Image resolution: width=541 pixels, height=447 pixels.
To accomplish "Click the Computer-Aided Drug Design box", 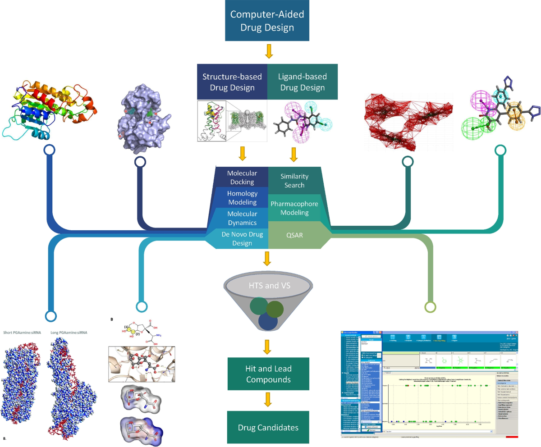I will point(267,21).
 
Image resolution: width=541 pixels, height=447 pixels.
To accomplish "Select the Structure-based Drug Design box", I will point(232,82).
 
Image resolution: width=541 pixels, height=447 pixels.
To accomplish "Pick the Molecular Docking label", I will point(242,178).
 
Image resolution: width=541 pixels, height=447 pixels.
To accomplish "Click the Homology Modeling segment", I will point(242,198).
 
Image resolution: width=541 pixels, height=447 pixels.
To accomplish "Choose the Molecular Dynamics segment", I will point(242,218).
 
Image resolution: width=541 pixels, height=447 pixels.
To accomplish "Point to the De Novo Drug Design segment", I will point(239,238).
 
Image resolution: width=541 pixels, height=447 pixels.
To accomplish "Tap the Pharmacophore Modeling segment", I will point(294,209).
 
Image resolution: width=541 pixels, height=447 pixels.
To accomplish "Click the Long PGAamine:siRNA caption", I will point(69,333).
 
